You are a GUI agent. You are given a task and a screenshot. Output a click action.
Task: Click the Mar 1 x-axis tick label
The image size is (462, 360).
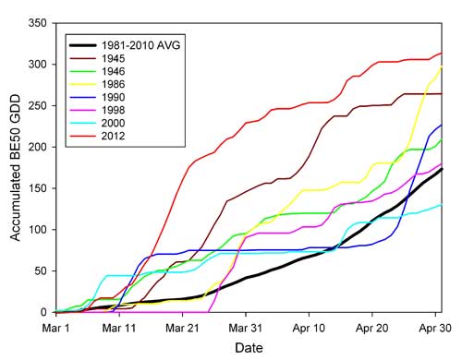[56, 326]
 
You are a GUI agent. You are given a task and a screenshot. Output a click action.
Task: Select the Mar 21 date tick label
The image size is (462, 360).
[186, 326]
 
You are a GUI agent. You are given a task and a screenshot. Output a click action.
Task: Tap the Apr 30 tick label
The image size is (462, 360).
[434, 326]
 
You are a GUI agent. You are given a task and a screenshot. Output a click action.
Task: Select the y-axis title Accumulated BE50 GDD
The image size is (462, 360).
[15, 167]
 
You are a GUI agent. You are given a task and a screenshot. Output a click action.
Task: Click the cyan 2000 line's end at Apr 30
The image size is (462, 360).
[441, 205]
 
